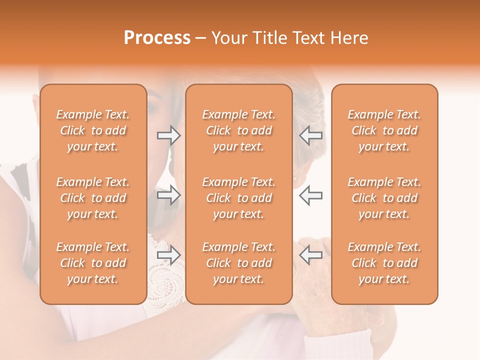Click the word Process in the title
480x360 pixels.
[x=157, y=38]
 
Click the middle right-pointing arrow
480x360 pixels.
[x=169, y=195]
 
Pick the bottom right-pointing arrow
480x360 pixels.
[x=169, y=255]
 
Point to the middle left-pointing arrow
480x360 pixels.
[x=311, y=195]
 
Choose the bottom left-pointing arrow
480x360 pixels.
[x=311, y=255]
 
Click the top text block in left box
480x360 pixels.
[x=93, y=130]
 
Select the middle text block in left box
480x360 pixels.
[x=93, y=198]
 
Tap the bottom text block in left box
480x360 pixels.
[x=93, y=263]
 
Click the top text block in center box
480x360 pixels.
[x=239, y=130]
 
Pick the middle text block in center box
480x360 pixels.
[x=239, y=198]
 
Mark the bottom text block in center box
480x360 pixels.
[x=239, y=263]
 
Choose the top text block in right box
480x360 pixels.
[x=384, y=130]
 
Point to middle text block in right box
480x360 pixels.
[x=384, y=198]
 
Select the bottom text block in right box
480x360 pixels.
[x=384, y=263]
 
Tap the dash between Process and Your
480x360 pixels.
[x=201, y=38]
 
